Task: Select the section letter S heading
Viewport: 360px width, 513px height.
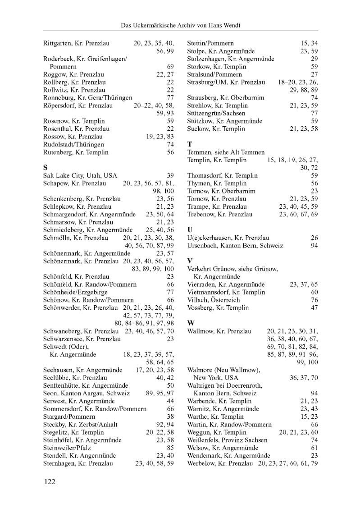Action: [46, 167]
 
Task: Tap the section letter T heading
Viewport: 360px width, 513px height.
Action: [190, 144]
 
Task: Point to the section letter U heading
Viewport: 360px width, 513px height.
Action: [190, 229]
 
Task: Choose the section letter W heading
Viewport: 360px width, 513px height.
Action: [191, 323]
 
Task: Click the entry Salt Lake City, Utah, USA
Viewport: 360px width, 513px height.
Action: [77, 175]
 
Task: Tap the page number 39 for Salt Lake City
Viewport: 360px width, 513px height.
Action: [170, 175]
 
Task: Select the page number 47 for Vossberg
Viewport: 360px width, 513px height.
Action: [314, 308]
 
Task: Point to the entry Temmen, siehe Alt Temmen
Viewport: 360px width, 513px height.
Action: [226, 152]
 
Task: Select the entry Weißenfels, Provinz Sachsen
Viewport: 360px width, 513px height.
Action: [227, 440]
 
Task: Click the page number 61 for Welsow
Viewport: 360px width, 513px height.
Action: [314, 448]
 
